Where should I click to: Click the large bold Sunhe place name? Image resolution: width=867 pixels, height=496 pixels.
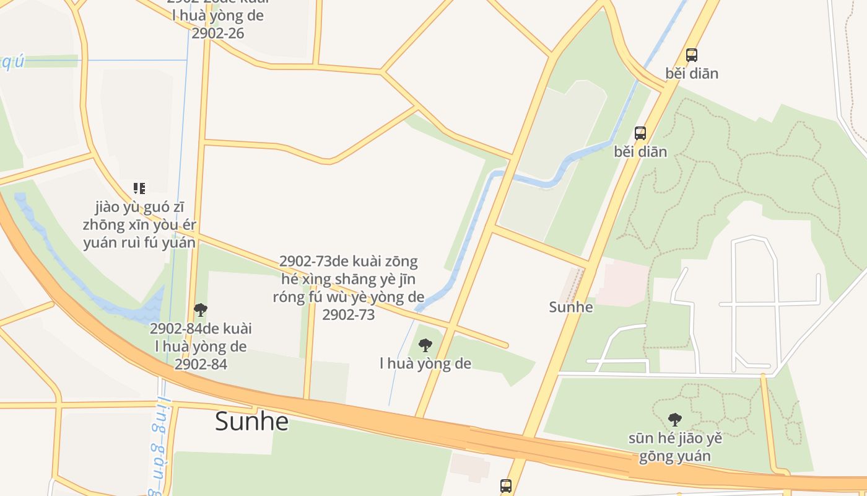pyautogui.click(x=251, y=422)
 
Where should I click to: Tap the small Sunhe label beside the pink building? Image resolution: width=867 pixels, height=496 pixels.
pyautogui.click(x=570, y=307)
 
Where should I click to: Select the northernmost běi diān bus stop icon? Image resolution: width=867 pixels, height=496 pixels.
pyautogui.click(x=692, y=55)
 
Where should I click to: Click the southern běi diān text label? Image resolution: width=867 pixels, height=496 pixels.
pyautogui.click(x=640, y=152)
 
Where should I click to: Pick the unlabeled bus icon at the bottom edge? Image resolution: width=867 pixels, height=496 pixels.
pyautogui.click(x=506, y=485)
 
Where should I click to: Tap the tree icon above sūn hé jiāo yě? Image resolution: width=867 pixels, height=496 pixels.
pyautogui.click(x=675, y=420)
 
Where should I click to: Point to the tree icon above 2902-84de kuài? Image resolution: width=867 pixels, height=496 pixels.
pyautogui.click(x=200, y=309)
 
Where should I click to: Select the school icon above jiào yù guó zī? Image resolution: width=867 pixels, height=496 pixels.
pyautogui.click(x=139, y=188)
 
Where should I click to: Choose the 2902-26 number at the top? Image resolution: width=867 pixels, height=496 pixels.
pyautogui.click(x=217, y=33)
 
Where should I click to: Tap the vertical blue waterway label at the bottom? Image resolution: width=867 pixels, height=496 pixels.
pyautogui.click(x=155, y=446)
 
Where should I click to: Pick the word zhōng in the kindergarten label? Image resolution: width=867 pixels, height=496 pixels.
pyautogui.click(x=102, y=225)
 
